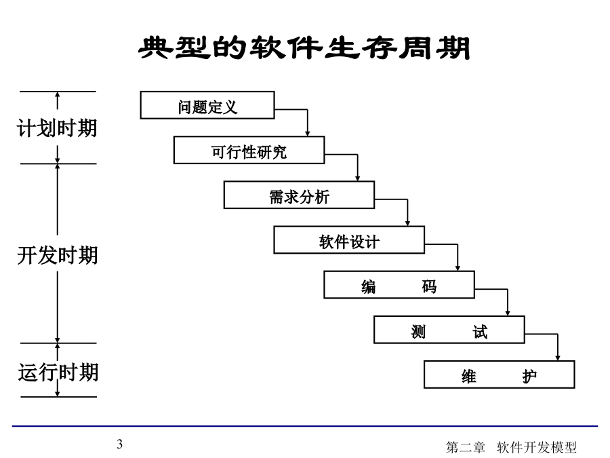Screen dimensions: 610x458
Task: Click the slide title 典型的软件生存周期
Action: pos(304,48)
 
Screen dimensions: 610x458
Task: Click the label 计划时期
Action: pos(57,128)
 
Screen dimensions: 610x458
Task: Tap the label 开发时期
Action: pos(57,256)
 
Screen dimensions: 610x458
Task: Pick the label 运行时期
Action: pos(58,372)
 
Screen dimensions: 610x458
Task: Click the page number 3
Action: pos(120,444)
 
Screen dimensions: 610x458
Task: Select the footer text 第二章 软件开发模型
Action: pos(511,447)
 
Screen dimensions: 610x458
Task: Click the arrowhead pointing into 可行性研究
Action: pos(307,134)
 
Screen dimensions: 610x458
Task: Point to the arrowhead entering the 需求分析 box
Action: pos(357,178)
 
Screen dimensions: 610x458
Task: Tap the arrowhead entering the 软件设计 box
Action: pos(408,223)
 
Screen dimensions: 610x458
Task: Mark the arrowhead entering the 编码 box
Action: pos(457,268)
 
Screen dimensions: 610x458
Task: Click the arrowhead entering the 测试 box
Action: pos(508,313)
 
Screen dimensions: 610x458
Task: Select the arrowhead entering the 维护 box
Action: pos(558,358)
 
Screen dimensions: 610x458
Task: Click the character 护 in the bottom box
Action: pos(529,376)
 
